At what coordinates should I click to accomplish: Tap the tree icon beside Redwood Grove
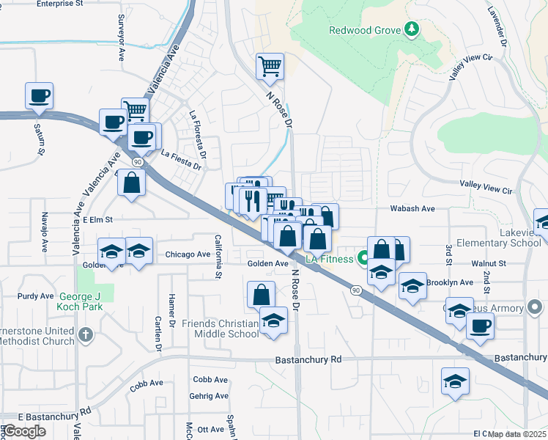(x=412, y=29)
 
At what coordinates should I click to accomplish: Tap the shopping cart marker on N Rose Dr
(x=270, y=66)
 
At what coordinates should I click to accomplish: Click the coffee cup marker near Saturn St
(x=39, y=95)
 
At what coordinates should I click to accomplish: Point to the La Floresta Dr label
(x=196, y=128)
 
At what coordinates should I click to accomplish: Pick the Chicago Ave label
(x=188, y=255)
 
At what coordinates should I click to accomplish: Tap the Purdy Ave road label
(x=37, y=296)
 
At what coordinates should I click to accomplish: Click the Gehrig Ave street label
(x=210, y=396)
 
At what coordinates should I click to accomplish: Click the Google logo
(x=23, y=431)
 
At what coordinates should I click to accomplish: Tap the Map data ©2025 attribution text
(x=516, y=434)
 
